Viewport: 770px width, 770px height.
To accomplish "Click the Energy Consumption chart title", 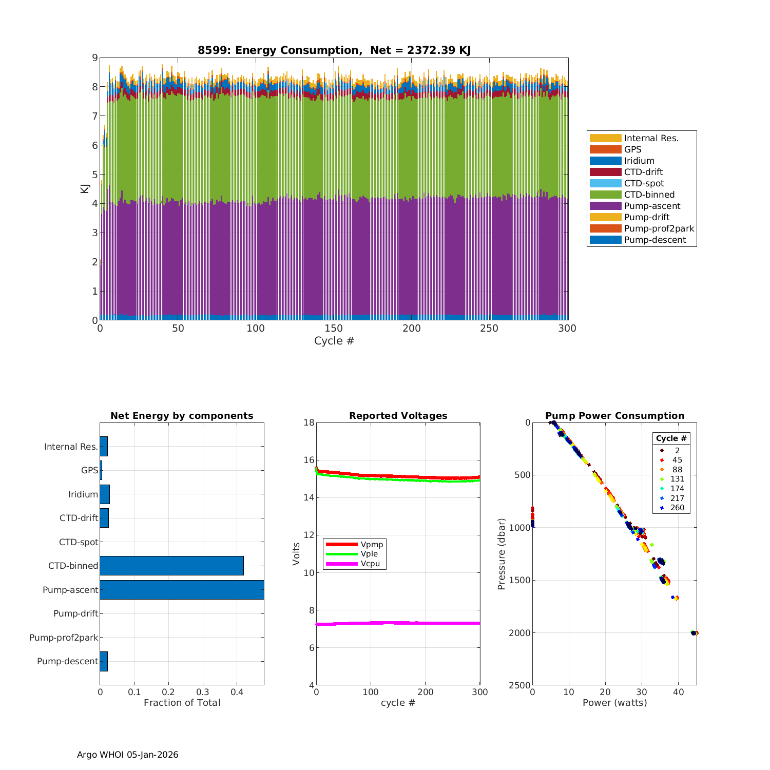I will pyautogui.click(x=334, y=50).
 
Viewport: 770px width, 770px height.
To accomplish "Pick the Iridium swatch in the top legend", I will pyautogui.click(x=605, y=161).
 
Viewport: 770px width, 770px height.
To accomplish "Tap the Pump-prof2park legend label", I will pyautogui.click(x=659, y=228).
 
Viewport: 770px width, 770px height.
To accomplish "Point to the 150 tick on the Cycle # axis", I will pyautogui.click(x=334, y=329).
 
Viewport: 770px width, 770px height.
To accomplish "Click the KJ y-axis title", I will pyautogui.click(x=85, y=189).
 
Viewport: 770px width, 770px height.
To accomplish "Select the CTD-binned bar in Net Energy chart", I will pyautogui.click(x=171, y=566).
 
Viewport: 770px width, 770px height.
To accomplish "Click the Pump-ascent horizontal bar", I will pyautogui.click(x=182, y=590).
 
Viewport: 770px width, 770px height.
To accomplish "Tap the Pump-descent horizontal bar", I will pyautogui.click(x=104, y=661).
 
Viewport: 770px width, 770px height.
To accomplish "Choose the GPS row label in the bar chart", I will pyautogui.click(x=89, y=470).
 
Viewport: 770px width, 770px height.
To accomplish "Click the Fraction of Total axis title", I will pyautogui.click(x=182, y=703).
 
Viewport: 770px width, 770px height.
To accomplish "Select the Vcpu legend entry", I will pyautogui.click(x=370, y=564).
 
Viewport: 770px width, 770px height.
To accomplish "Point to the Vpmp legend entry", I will pyautogui.click(x=372, y=545).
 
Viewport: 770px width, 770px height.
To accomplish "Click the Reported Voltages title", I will pyautogui.click(x=398, y=416).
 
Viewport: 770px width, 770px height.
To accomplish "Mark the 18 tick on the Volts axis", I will pyautogui.click(x=309, y=422).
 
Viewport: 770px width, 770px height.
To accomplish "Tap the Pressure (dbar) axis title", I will pyautogui.click(x=502, y=553).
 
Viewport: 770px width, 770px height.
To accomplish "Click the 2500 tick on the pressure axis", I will pyautogui.click(x=520, y=685).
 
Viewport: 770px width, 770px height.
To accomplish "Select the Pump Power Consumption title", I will pyautogui.click(x=614, y=416).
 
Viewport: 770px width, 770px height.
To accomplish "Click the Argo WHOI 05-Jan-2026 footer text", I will pyautogui.click(x=127, y=755).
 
